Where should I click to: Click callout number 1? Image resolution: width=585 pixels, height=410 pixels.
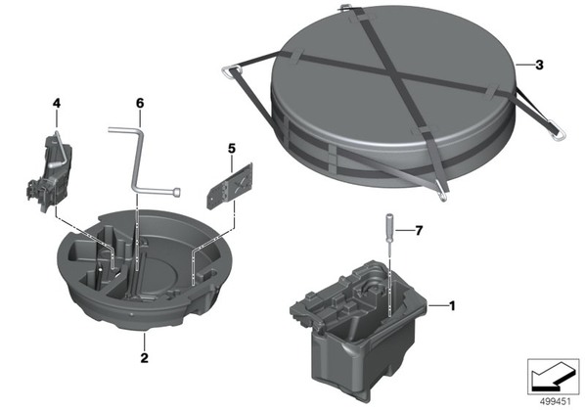coord(452,306)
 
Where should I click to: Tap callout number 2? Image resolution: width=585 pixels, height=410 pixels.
coord(145,358)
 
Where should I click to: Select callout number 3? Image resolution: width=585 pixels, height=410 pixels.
coord(539,66)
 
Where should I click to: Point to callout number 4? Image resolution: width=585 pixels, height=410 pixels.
coord(57,103)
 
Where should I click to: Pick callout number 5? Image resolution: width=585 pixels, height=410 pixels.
coord(232,149)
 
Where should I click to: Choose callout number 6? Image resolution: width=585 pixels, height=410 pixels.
coord(140,103)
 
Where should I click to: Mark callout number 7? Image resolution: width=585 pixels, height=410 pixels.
coord(419,231)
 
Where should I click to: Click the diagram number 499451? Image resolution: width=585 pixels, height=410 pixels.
coord(556,401)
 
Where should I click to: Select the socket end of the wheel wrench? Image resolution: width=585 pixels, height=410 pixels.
coord(178,192)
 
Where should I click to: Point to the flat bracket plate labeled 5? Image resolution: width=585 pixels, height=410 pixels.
coord(230,186)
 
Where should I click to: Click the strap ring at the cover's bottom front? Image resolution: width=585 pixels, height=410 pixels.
coord(443,196)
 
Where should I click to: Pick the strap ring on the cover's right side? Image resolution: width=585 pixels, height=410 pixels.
coord(557,130)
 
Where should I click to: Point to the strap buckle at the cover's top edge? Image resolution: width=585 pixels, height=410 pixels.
coord(345,7)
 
